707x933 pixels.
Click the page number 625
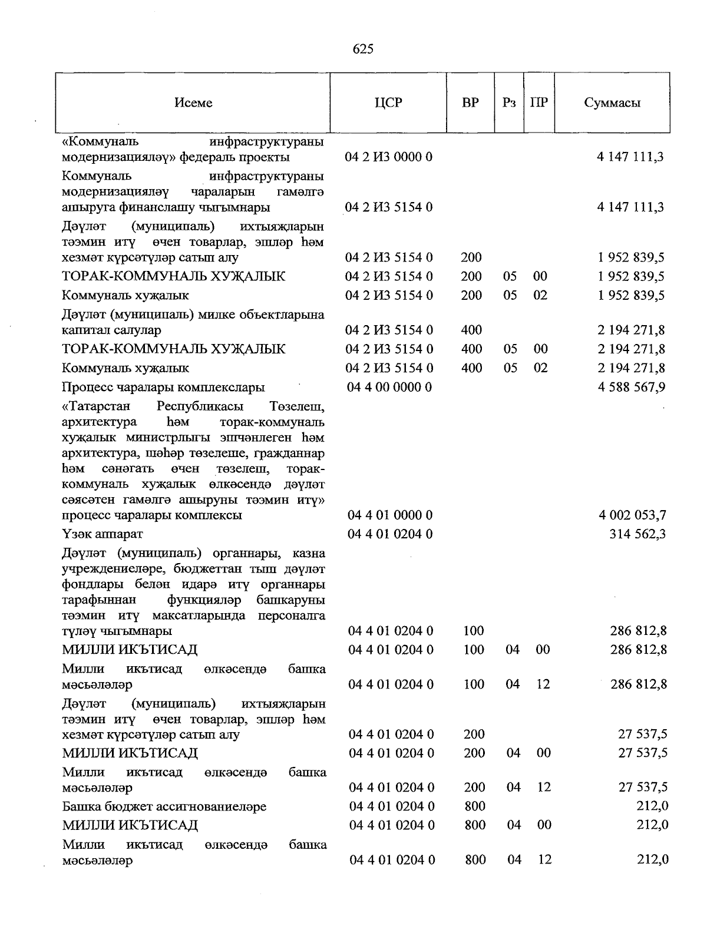pyautogui.click(x=363, y=49)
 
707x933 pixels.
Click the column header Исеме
pyautogui.click(x=193, y=102)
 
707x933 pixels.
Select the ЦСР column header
pyautogui.click(x=388, y=102)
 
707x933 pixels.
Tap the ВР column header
pyautogui.click(x=470, y=102)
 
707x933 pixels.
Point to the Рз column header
pyautogui.click(x=509, y=102)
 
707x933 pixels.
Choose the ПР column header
pyautogui.click(x=538, y=102)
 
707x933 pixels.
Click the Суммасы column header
pyautogui.click(x=612, y=102)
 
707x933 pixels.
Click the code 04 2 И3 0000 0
pyautogui.click(x=389, y=157)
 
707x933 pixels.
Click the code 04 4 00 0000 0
pyautogui.click(x=389, y=387)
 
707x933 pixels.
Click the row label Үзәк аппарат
pyautogui.click(x=103, y=534)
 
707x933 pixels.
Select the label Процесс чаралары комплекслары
pyautogui.click(x=163, y=388)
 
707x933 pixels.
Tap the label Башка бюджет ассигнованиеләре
pyautogui.click(x=164, y=806)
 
